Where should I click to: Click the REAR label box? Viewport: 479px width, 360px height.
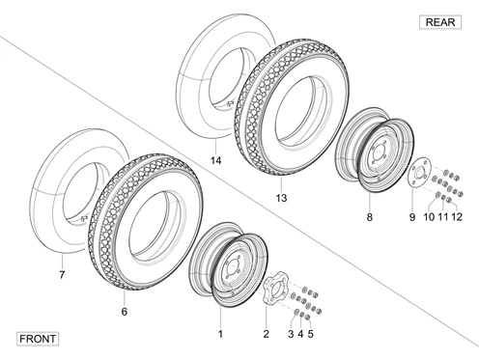click(x=440, y=22)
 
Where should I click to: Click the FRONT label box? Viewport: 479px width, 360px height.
click(x=38, y=339)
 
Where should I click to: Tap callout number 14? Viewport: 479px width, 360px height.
click(x=216, y=160)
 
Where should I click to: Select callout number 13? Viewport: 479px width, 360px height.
click(x=281, y=198)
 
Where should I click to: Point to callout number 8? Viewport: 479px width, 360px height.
click(x=370, y=217)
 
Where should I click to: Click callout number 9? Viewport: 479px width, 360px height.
click(x=412, y=217)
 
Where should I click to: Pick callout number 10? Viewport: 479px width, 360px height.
click(x=429, y=217)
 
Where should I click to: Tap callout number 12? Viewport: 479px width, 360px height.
click(x=457, y=217)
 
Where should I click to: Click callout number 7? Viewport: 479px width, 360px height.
click(x=62, y=275)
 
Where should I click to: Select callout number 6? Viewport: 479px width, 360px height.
click(x=125, y=312)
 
